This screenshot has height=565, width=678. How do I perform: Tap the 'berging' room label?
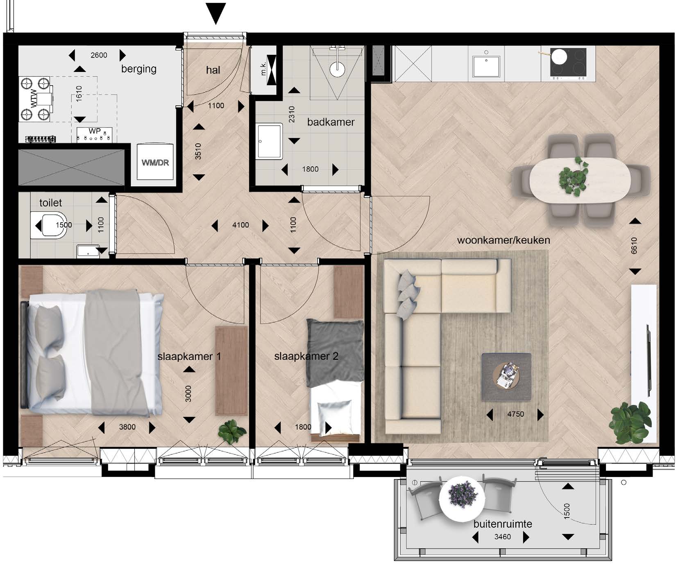point(139,69)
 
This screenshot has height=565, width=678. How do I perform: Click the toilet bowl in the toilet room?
point(49,225)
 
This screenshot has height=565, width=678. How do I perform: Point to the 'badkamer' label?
point(331,122)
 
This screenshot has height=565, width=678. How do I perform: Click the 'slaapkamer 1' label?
point(189,356)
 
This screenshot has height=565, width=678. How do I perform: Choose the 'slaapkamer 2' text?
point(306,356)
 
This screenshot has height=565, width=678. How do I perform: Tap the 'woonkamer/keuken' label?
point(503,240)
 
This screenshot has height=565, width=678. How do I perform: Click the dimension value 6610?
point(634,246)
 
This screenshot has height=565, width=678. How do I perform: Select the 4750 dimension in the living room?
point(515,414)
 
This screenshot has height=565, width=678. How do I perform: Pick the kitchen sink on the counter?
point(486,66)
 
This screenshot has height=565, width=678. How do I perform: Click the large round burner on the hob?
point(558,56)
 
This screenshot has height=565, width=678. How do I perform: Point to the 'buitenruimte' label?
point(503,524)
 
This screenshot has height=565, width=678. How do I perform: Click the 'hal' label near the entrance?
point(213,70)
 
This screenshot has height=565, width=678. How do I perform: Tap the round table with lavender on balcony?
point(462,498)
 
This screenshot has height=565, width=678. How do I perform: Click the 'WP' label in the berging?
point(95,131)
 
